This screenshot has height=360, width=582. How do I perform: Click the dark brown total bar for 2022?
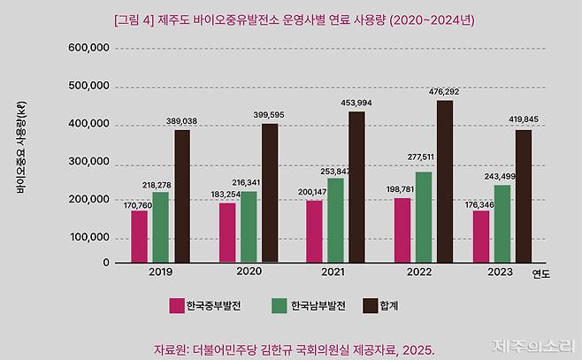tap(445, 181)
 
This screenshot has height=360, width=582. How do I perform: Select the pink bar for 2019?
tap(139, 236)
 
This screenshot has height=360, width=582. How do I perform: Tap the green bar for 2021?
tap(335, 220)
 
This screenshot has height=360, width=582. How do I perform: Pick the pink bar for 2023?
tap(481, 236)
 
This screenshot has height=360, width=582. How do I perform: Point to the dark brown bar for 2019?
tap(182, 196)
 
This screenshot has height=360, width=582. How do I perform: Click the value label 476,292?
tap(445, 91)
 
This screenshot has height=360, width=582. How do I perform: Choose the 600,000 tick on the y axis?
tap(88, 48)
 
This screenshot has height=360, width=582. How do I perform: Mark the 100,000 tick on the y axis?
tap(88, 237)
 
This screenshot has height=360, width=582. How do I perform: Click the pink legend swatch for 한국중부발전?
tap(176, 305)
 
